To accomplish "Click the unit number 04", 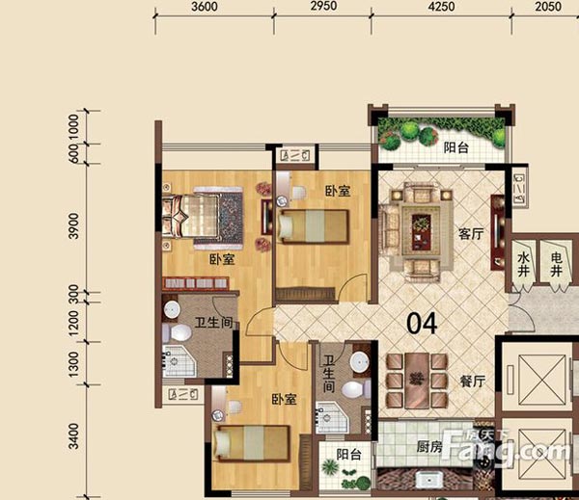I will coord(422,324).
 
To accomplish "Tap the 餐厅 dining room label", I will coord(471,380).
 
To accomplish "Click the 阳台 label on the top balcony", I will coord(456,148).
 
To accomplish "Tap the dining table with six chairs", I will coord(417,377).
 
